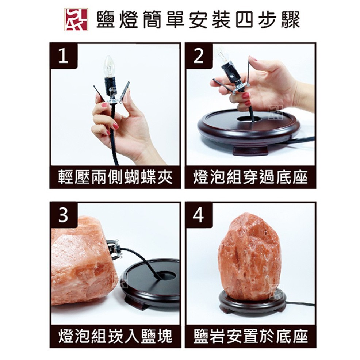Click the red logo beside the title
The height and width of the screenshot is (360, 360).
point(76,19)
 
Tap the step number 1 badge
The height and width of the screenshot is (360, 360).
point(63,56)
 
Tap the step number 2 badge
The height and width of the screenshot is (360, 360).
point(199,56)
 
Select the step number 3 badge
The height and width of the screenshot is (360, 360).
point(64,215)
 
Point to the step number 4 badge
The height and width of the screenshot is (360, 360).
point(199,215)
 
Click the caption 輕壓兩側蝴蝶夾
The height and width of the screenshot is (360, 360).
point(115,177)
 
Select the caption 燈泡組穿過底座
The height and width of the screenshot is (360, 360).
point(250,177)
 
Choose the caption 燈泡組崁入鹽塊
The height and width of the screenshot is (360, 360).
point(115,336)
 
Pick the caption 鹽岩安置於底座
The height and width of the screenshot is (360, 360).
point(250,336)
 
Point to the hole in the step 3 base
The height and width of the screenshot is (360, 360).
point(166,275)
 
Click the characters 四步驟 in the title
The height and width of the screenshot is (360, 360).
point(268,20)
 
